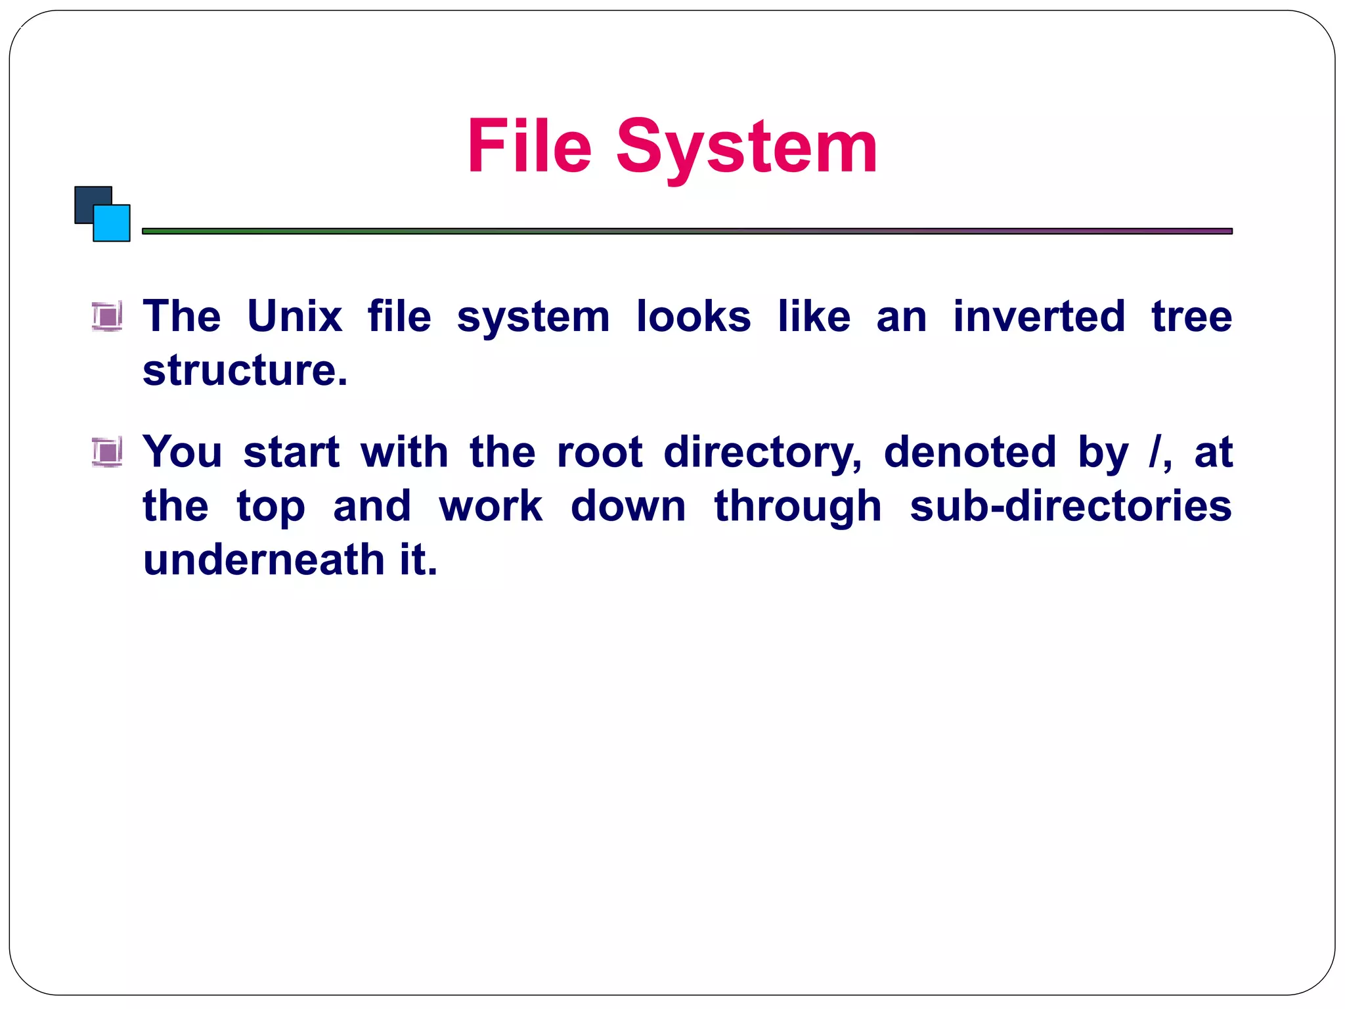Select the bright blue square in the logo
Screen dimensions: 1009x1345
tap(113, 225)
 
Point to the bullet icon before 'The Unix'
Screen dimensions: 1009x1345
tap(106, 317)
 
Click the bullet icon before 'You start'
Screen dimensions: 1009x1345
tap(106, 452)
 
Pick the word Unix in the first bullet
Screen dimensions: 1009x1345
tap(294, 317)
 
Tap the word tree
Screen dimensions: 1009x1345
tap(1191, 317)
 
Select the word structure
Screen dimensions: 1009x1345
tap(244, 370)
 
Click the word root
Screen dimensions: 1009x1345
tap(599, 452)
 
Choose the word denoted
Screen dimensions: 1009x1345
tap(969, 452)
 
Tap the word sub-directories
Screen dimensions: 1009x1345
tap(1070, 506)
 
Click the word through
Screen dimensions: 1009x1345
tap(797, 507)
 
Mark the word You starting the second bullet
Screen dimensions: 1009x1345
tap(183, 452)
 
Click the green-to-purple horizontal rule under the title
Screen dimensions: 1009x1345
tap(687, 231)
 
